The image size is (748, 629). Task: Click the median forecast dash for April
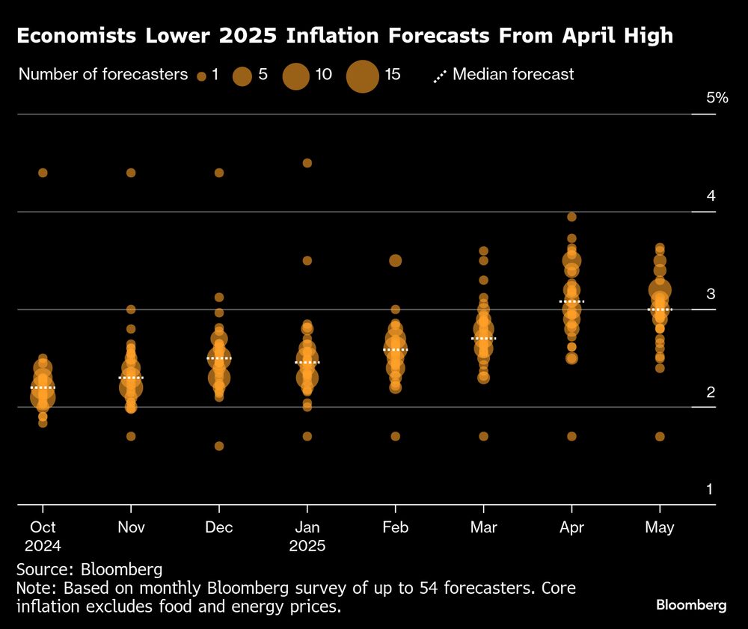[571, 301]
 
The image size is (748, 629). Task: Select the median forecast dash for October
[43, 387]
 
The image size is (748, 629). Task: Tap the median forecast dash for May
[660, 309]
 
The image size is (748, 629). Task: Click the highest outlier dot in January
[307, 163]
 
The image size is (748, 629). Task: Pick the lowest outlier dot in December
[219, 447]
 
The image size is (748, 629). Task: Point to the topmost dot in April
[571, 217]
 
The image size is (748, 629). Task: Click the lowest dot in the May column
[660, 437]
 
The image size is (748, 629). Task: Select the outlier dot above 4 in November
[131, 173]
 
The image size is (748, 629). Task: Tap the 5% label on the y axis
[717, 98]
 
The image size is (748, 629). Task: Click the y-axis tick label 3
[711, 293]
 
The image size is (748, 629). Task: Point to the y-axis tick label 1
[711, 490]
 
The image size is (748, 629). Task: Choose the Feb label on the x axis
[395, 527]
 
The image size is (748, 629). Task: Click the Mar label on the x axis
[483, 527]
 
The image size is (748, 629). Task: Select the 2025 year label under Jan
[307, 546]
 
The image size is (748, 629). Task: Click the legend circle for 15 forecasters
[364, 76]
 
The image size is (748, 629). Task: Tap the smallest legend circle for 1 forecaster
[201, 76]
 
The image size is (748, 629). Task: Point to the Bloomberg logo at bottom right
[690, 605]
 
